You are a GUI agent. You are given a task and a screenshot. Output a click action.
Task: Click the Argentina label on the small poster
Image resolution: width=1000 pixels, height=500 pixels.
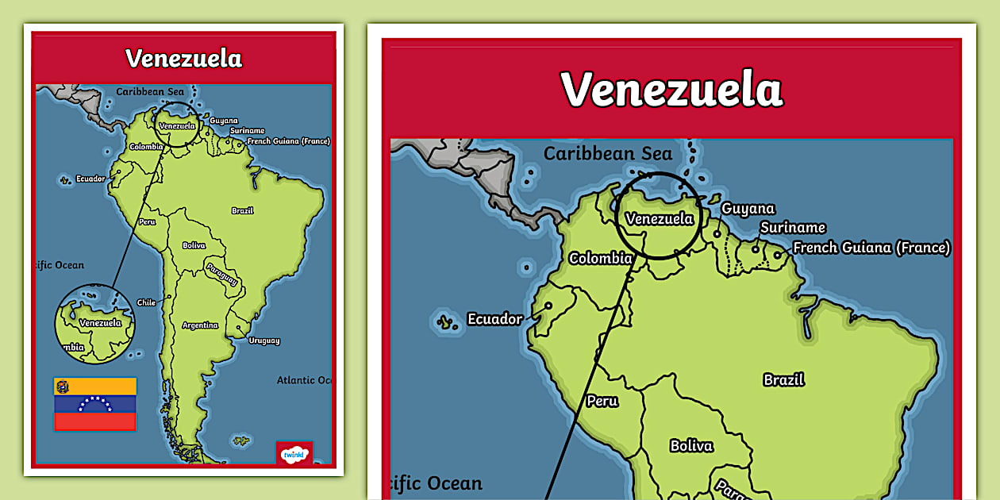pos(200,325)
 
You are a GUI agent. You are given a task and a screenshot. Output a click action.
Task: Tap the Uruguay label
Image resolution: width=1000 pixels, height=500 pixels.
pos(263,340)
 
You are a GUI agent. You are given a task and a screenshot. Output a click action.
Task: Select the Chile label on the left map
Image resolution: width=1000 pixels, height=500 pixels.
pos(146,302)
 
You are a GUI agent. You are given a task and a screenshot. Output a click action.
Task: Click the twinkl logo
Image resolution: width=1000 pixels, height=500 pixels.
pos(294,454)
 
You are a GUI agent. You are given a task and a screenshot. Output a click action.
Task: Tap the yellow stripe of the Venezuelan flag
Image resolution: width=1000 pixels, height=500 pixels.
pos(94,386)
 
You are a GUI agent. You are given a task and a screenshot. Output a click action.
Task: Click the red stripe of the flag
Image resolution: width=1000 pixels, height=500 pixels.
pos(94,421)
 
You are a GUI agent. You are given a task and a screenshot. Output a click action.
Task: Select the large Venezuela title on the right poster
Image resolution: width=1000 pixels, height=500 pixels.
pos(671,89)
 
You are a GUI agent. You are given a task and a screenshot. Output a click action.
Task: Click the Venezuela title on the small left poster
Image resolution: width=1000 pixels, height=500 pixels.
pos(183,59)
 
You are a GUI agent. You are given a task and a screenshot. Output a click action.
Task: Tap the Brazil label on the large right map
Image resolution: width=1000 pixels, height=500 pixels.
pos(783,379)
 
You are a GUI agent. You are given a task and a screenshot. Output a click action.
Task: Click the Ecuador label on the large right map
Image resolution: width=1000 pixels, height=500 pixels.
pos(494,319)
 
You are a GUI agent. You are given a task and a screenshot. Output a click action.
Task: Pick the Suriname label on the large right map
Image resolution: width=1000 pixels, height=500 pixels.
pos(792,228)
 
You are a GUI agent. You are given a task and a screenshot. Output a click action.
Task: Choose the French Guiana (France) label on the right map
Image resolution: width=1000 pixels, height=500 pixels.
pos(871,248)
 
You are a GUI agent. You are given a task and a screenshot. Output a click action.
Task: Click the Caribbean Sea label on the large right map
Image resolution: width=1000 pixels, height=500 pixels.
pos(607,154)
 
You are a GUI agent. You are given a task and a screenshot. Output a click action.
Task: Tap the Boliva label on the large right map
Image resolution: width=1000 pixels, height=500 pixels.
pos(691,445)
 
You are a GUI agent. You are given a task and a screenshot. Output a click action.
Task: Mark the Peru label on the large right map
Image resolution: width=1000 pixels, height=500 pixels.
pos(602,401)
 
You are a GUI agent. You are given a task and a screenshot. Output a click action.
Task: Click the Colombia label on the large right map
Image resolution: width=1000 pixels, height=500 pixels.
pos(600,258)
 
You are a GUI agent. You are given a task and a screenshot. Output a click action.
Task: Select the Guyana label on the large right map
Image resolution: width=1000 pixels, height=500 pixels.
pos(748,209)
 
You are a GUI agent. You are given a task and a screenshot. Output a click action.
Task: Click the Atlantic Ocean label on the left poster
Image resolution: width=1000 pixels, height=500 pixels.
pos(304,380)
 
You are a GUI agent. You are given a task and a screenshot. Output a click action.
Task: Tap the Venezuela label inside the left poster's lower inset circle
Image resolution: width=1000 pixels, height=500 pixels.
pos(101,323)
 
